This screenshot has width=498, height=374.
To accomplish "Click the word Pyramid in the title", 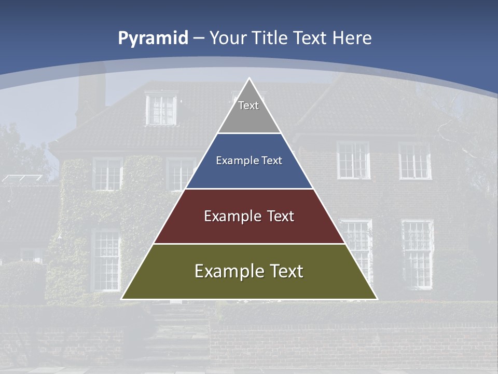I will tap(153, 38).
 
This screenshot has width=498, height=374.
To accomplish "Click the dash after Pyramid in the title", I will tap(199, 38).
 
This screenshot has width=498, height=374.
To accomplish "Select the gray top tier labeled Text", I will tap(249, 112).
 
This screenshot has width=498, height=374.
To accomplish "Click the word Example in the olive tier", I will tap(226, 272).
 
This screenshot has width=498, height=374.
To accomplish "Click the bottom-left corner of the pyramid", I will tap(122, 299).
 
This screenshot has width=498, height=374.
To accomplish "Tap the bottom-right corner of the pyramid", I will tap(377, 299).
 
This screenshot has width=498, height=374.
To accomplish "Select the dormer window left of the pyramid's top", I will tap(161, 109).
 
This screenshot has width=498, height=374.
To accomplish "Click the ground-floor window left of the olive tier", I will tap(105, 260).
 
